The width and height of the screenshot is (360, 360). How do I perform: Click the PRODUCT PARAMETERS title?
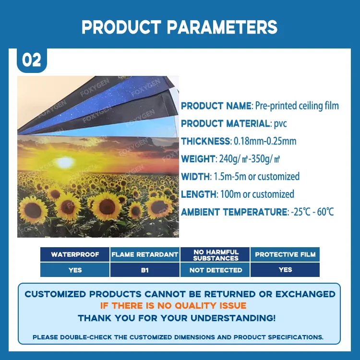point(180,27)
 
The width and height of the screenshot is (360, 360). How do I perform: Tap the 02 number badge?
point(32,60)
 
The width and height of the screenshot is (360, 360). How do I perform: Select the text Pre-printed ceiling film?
point(297,106)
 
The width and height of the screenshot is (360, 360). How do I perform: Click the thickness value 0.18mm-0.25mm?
point(264,141)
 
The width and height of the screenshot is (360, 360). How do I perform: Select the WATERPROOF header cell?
point(75,254)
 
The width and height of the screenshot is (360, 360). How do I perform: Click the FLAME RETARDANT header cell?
point(145,254)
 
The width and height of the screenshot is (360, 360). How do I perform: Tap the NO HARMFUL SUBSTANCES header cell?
point(216,254)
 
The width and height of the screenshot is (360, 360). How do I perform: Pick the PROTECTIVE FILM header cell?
point(285,254)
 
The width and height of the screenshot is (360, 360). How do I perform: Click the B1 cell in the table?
point(145,270)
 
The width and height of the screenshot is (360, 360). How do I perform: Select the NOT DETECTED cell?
point(216,270)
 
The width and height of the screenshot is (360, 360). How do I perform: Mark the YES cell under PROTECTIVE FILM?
point(285,269)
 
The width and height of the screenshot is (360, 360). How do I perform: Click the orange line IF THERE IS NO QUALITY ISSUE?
point(173,306)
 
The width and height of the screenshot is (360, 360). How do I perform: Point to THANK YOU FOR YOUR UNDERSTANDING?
point(177,318)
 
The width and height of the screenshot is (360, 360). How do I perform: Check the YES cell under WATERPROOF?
point(75,270)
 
